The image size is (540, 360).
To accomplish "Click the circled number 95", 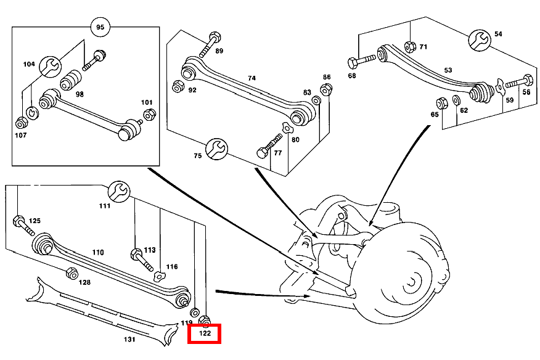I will tap(100, 28).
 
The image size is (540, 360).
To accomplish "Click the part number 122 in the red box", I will tap(204, 334).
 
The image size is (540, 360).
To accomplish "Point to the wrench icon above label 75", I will tap(216, 148).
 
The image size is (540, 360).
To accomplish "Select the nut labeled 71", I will tap(410, 46).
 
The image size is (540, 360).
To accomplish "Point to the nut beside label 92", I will tap(178, 86).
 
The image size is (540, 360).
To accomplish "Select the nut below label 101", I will tap(149, 114).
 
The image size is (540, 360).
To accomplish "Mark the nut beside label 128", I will tap(71, 273).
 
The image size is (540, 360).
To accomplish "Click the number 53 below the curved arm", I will tap(448, 71).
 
